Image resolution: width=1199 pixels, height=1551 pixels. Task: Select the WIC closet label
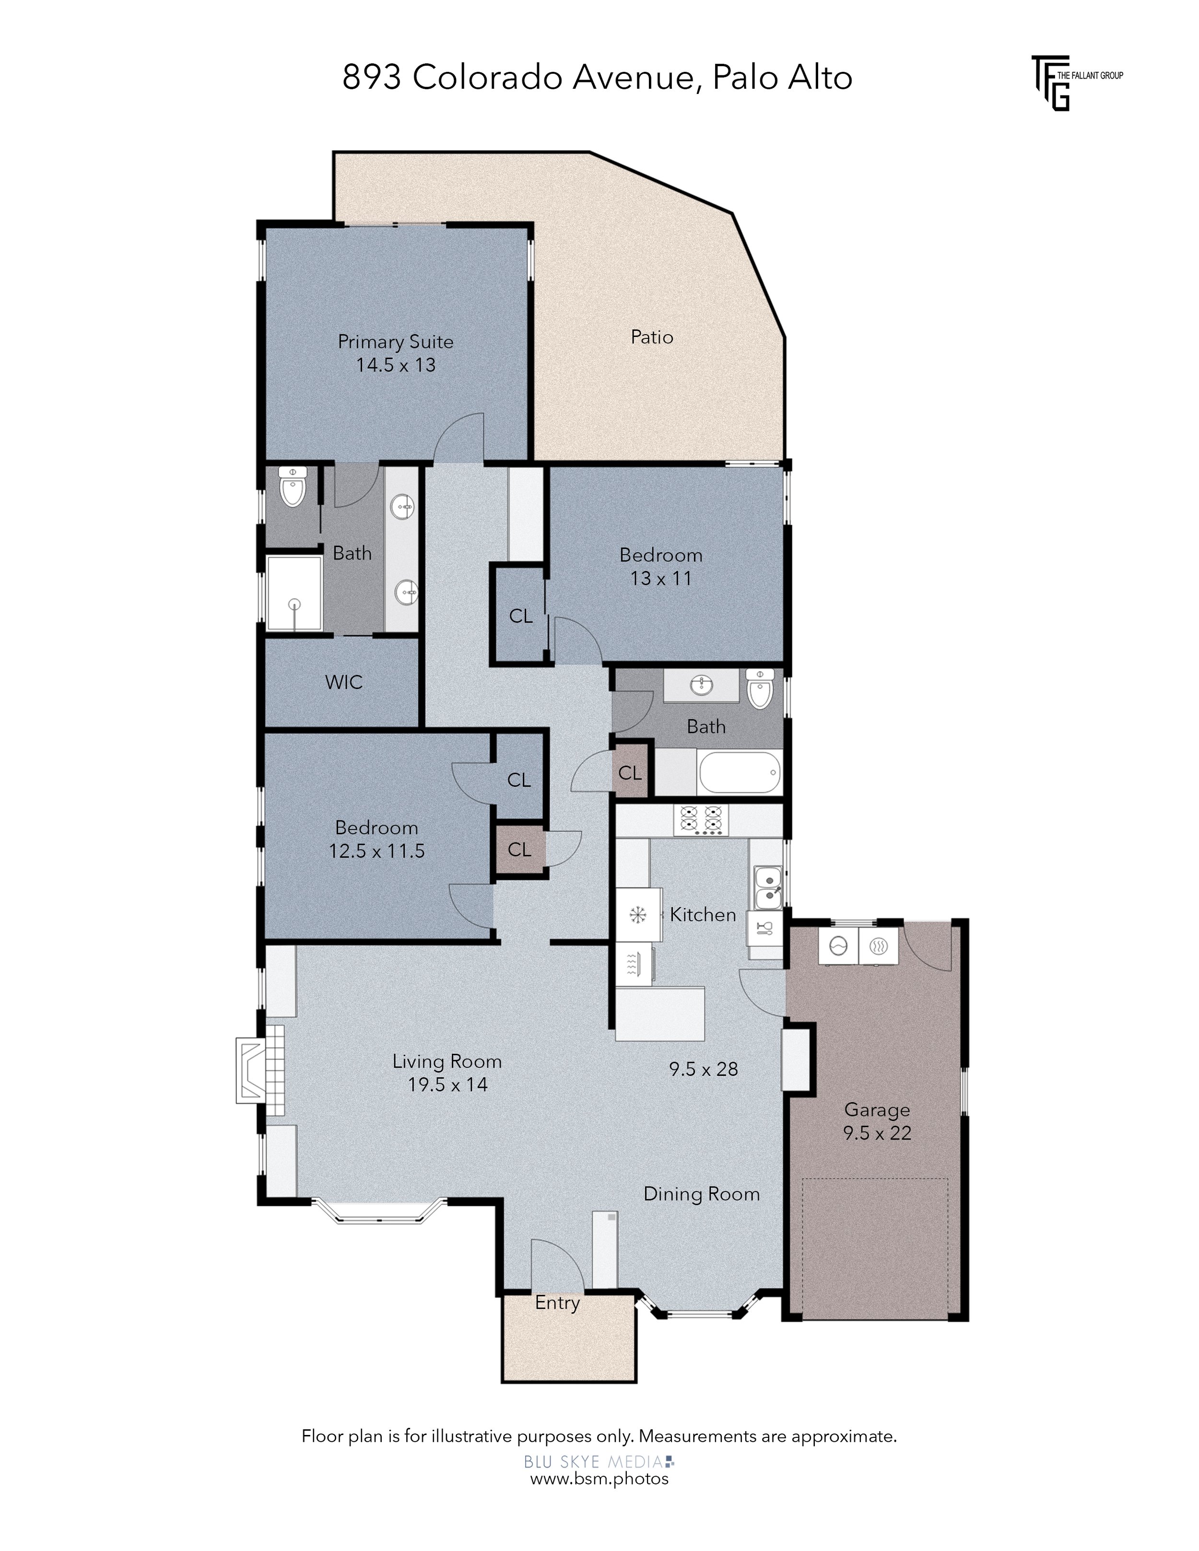[x=344, y=682]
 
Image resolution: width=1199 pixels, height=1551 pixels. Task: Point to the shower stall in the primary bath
[x=294, y=594]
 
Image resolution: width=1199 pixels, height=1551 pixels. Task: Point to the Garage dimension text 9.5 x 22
[x=877, y=1133]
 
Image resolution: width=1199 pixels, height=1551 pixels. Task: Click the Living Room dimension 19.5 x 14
[x=447, y=1085]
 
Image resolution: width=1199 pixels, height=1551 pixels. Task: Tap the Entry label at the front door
[x=558, y=1303]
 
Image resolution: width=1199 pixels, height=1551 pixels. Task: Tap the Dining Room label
[x=702, y=1194]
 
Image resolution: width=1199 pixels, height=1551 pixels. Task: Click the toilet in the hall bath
[x=759, y=689]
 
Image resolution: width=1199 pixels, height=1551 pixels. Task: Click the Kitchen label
[x=703, y=915]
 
